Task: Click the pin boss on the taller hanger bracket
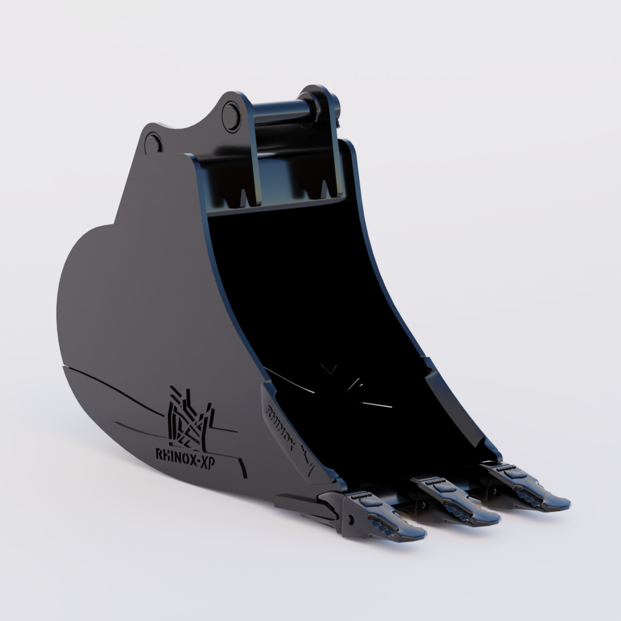(231, 116)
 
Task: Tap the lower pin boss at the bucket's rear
(153, 143)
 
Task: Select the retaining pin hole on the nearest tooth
(350, 520)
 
